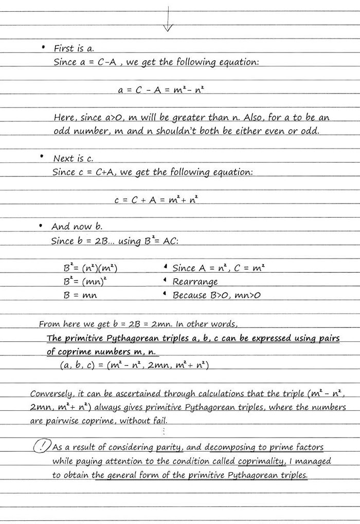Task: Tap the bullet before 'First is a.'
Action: point(43,48)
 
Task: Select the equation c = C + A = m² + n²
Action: point(156,200)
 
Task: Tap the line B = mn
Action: point(80,295)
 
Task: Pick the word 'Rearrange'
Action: point(195,282)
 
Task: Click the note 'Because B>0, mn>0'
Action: point(217,295)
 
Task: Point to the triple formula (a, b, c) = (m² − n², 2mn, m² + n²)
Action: point(134,365)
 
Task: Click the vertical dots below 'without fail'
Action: point(164,431)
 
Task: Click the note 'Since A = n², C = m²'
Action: point(219,268)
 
